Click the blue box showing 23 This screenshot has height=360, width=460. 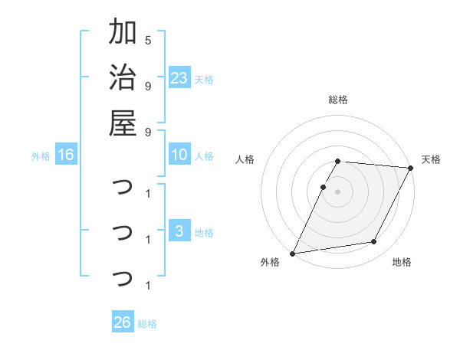(179, 77)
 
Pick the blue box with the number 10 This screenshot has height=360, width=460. (179, 155)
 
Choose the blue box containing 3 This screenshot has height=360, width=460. (179, 231)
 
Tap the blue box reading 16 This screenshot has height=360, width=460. (66, 155)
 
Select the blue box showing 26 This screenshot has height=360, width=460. (123, 322)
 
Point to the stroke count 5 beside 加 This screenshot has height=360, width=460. (148, 40)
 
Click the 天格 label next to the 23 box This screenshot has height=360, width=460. (204, 79)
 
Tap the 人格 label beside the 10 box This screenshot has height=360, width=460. (204, 156)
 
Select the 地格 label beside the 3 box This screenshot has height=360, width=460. (204, 233)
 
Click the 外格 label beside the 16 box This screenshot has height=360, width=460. (41, 156)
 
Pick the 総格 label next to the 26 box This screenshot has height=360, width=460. (147, 324)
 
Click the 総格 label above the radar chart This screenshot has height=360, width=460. (338, 100)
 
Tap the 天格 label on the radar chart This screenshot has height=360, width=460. (431, 159)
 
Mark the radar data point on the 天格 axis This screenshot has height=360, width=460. (411, 168)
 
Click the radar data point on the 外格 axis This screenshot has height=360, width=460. (292, 254)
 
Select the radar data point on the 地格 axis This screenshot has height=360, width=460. (374, 242)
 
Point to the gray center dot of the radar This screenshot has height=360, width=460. (338, 191)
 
